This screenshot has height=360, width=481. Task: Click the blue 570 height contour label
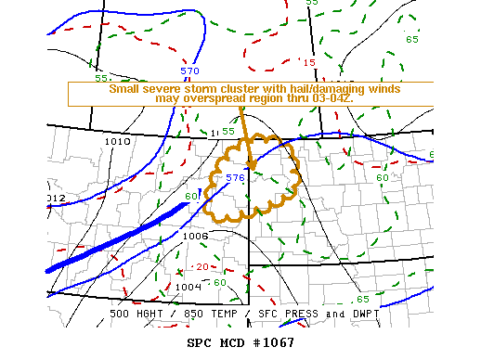tap(189, 71)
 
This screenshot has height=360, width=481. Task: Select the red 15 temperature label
tap(309, 63)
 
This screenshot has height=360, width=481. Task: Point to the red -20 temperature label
tap(201, 266)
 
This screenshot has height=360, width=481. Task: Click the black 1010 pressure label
tap(118, 141)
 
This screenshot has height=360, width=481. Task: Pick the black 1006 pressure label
tap(195, 236)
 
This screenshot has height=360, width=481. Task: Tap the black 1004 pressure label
tap(188, 287)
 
